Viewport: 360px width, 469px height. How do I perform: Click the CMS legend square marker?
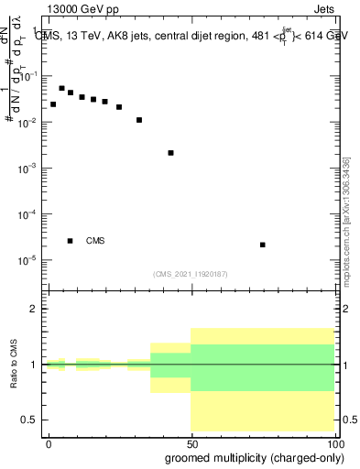[71, 241]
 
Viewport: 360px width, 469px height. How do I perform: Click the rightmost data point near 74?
[263, 245]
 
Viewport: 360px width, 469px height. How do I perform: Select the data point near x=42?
[171, 153]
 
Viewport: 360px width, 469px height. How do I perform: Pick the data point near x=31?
[139, 120]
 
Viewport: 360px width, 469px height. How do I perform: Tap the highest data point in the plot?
[61, 89]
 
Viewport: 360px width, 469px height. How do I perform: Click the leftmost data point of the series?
[53, 104]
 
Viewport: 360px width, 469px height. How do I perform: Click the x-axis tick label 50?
[191, 442]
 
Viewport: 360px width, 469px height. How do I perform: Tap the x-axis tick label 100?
[333, 442]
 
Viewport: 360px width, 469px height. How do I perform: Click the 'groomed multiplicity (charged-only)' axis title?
[242, 457]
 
